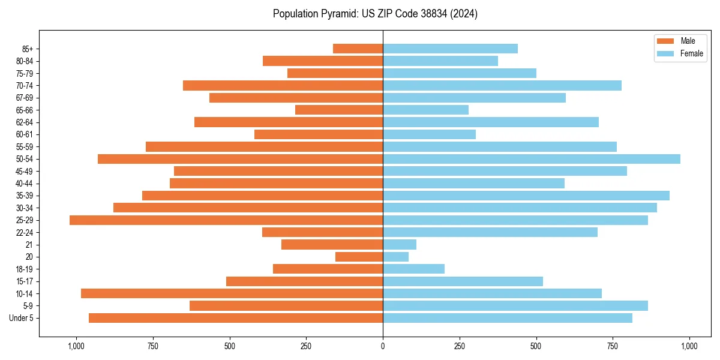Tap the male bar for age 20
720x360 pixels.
click(x=359, y=257)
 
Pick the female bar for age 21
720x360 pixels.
click(x=400, y=245)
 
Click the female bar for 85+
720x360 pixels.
click(x=450, y=49)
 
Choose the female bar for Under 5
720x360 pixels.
click(x=508, y=318)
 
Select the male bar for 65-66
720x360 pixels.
click(x=339, y=110)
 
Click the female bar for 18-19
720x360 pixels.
click(x=413, y=269)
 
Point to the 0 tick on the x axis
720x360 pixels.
click(x=383, y=346)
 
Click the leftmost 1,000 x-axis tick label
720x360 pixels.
click(x=76, y=346)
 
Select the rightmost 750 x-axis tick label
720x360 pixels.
click(x=613, y=346)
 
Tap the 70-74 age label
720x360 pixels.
click(x=25, y=86)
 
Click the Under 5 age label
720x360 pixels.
click(x=22, y=318)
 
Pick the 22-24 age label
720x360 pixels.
click(x=25, y=233)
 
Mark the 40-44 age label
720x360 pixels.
click(x=25, y=184)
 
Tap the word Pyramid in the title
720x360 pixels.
click(x=339, y=13)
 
